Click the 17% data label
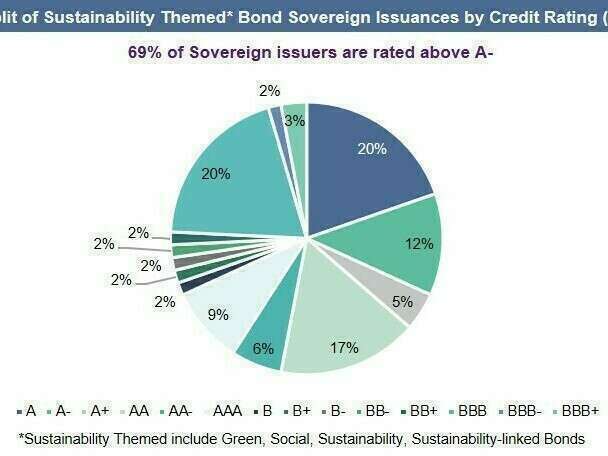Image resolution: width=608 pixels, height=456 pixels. tap(343, 349)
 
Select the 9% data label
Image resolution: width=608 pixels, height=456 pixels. tap(218, 314)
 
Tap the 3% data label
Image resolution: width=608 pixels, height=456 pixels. tap(294, 120)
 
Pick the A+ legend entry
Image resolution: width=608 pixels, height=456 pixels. tap(98, 410)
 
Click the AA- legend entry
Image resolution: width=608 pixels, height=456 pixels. tap(180, 410)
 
